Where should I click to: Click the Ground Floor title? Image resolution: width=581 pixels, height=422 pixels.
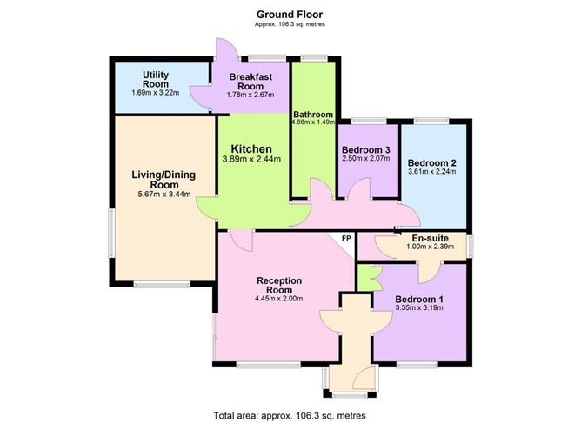click(290, 15)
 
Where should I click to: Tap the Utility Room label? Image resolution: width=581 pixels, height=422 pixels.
click(156, 80)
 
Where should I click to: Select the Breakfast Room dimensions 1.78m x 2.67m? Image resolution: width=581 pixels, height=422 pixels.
click(250, 95)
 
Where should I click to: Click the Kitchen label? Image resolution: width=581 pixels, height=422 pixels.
click(251, 149)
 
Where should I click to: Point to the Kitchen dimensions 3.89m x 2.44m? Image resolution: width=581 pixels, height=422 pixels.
click(251, 160)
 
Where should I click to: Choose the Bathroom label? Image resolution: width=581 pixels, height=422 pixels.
click(313, 115)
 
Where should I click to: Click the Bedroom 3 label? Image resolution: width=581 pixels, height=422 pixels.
click(365, 150)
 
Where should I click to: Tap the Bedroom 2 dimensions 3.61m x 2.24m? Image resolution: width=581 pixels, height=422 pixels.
click(431, 172)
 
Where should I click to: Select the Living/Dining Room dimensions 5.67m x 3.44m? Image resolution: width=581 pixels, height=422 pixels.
click(164, 194)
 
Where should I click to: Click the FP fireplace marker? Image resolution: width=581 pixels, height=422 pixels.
click(346, 239)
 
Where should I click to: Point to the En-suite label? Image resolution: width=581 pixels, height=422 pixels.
click(431, 238)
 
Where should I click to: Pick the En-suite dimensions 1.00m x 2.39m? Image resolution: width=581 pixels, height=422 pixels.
click(431, 247)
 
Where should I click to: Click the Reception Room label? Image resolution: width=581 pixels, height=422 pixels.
click(279, 285)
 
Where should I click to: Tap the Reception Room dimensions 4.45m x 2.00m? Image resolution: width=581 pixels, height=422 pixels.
click(279, 299)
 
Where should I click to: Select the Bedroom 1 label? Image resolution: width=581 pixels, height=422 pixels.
click(419, 300)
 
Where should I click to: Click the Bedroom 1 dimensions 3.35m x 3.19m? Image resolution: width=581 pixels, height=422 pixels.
click(419, 307)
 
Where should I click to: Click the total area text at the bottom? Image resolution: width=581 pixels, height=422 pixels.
click(290, 415)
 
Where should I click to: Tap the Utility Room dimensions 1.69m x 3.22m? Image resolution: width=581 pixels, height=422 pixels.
click(156, 93)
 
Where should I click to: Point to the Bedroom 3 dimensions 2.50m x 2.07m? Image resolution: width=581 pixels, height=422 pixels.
click(365, 159)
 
